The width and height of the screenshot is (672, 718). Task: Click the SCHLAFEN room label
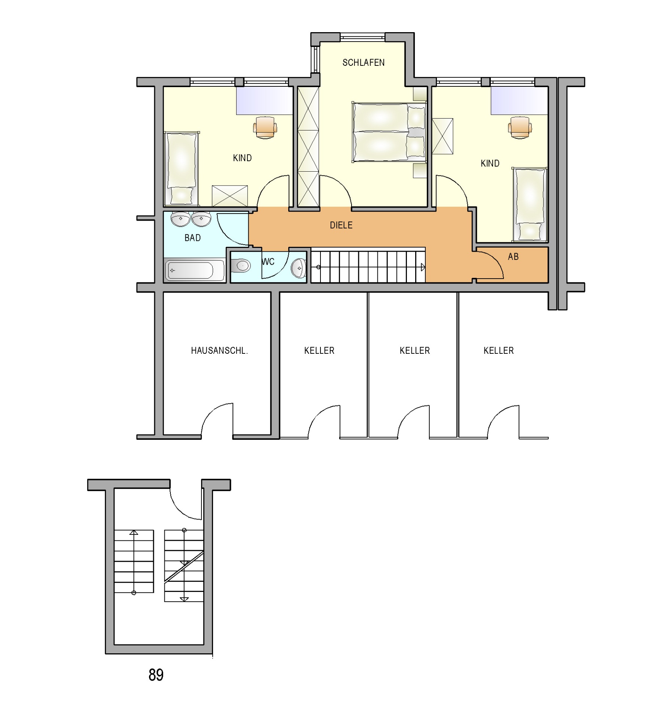[363, 62]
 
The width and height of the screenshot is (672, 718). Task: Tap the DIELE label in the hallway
[341, 225]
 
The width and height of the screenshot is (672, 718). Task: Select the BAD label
[192, 238]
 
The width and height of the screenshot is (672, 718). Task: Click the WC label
[268, 262]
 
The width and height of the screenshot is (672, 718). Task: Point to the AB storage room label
[513, 257]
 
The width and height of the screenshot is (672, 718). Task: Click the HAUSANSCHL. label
[219, 351]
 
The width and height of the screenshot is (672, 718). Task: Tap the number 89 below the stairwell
[156, 675]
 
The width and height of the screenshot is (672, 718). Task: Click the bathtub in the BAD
[195, 270]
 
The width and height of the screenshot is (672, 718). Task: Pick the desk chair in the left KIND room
[265, 127]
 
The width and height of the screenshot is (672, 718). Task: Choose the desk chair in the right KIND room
[520, 127]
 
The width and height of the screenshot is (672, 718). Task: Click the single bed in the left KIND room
[182, 169]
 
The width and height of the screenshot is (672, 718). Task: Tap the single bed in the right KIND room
[530, 205]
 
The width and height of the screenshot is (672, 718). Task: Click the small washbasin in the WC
[299, 268]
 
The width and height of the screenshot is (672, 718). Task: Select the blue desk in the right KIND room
[519, 101]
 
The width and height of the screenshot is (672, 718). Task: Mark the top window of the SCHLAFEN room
[362, 37]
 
